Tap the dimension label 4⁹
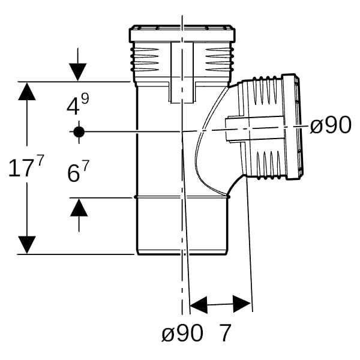77,106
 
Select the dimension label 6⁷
78,173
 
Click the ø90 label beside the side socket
331,125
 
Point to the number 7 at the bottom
225,334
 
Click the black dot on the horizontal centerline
79,131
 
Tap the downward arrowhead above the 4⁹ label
77,72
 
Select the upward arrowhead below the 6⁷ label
79,208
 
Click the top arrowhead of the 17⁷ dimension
26,91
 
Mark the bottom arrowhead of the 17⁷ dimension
26,245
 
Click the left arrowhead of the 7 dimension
198,304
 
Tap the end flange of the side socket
293,127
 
